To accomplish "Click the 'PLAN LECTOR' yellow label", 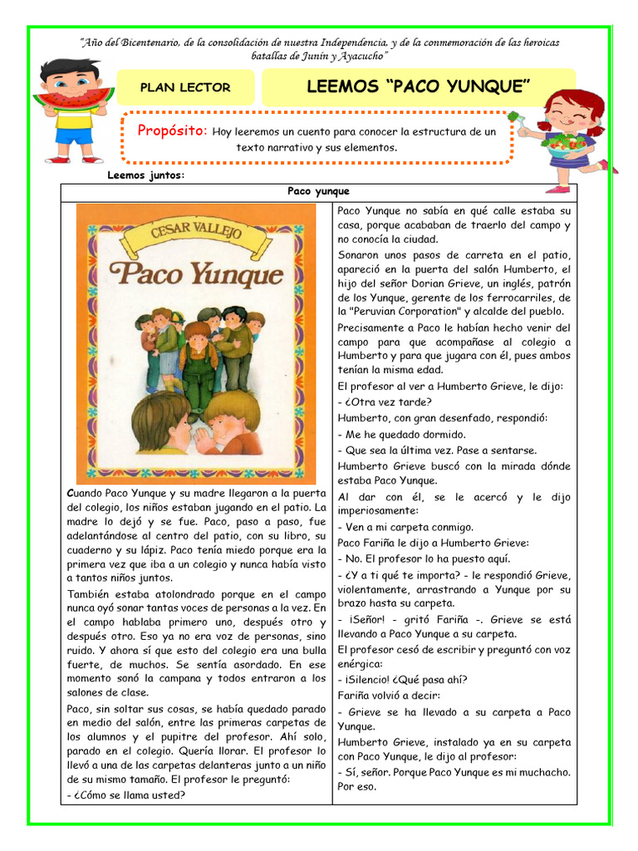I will point(185,87).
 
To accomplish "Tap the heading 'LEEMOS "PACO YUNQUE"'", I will point(418,86).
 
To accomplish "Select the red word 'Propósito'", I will point(171,130).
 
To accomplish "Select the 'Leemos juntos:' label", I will point(146,175).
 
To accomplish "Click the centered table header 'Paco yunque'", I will point(318,191).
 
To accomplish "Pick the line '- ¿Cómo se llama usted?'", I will point(125,794).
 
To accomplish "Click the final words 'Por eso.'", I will point(357,786).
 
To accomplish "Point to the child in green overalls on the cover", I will point(198,366).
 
